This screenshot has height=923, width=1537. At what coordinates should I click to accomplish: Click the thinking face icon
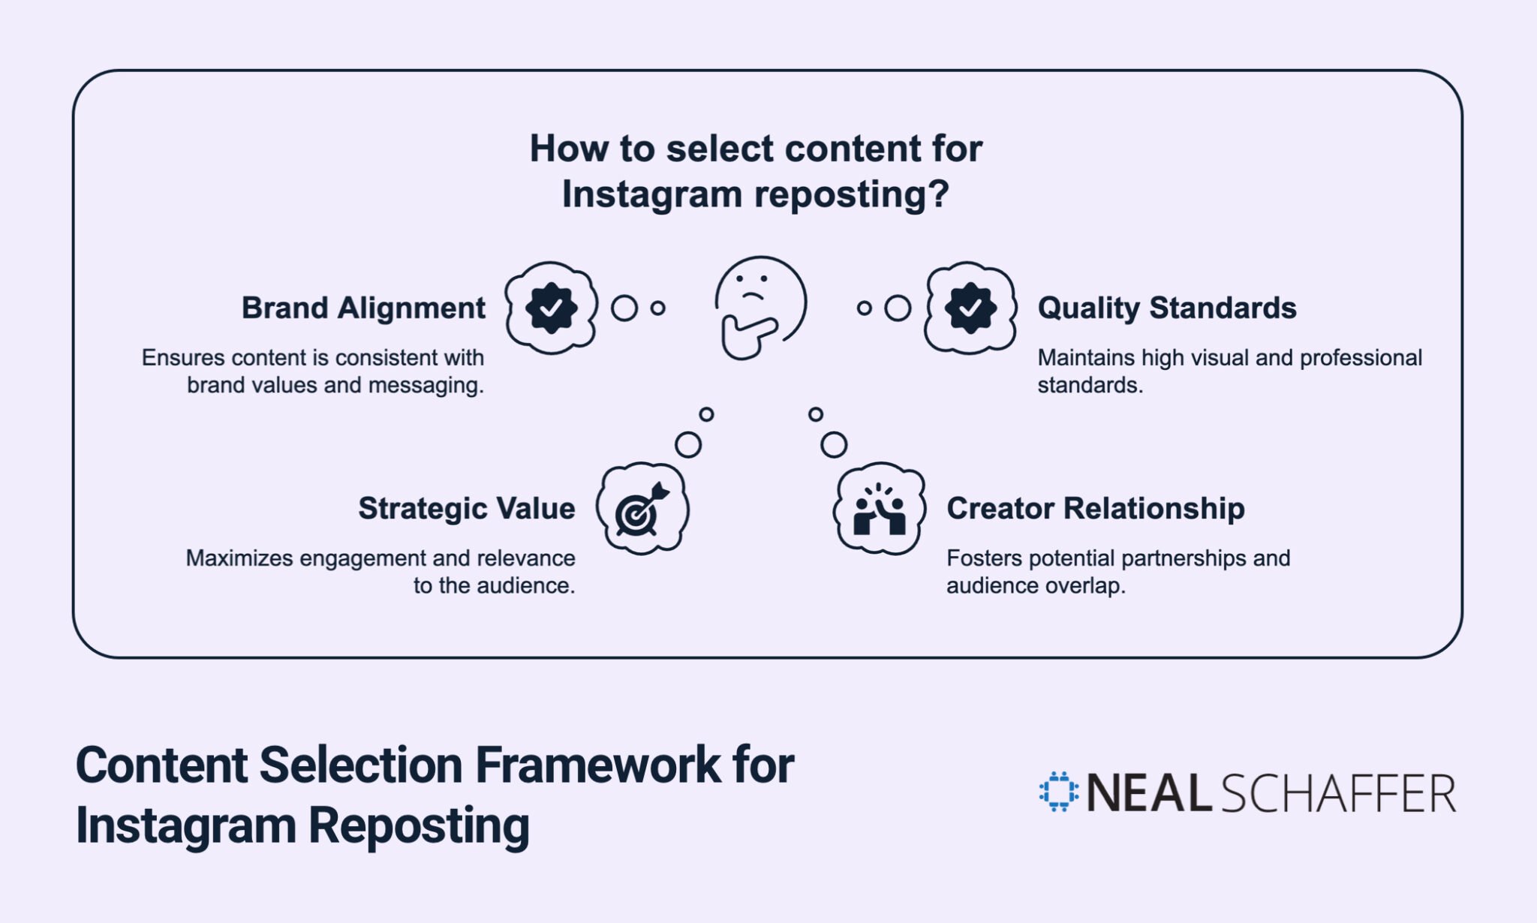click(x=759, y=308)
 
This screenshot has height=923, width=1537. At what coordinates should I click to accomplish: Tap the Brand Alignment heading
click(x=363, y=308)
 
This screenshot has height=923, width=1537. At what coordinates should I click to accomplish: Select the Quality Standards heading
click(x=1166, y=308)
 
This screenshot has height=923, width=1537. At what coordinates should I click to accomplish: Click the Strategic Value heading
click(x=466, y=508)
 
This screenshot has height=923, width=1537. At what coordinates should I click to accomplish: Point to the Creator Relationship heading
click(x=1095, y=508)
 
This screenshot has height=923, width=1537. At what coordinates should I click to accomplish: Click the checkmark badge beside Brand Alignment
click(x=551, y=308)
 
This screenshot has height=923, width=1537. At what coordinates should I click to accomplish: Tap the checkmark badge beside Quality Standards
click(x=970, y=308)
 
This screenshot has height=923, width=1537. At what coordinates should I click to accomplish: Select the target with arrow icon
click(x=642, y=509)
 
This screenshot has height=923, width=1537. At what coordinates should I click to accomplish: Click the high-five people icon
click(x=879, y=509)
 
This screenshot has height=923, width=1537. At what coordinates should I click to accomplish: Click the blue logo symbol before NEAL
click(x=1058, y=792)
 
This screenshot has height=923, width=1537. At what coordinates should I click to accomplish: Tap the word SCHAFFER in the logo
click(x=1338, y=793)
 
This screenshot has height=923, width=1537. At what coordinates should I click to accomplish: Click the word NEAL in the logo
click(x=1148, y=793)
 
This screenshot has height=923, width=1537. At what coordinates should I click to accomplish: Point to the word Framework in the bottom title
click(x=597, y=765)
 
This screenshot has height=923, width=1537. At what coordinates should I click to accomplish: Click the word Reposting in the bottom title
click(x=419, y=825)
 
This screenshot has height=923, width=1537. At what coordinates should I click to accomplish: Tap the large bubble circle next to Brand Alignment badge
click(x=624, y=308)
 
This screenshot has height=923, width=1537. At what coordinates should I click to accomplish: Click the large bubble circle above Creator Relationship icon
click(x=834, y=444)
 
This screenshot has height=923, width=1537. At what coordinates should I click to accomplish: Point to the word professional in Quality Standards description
click(x=1361, y=358)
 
